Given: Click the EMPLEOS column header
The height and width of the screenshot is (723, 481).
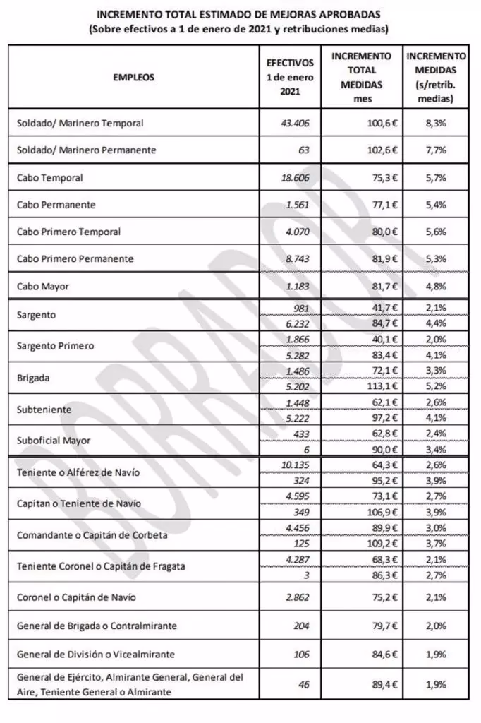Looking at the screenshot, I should point(133,77).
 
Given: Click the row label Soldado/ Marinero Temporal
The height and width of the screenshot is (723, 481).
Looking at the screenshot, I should point(80,123).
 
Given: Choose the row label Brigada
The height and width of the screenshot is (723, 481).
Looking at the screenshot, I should point(33,378).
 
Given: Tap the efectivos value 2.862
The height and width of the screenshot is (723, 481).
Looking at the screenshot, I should point(296,597).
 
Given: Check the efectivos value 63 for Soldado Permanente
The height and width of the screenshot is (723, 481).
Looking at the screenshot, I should point(303,150).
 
